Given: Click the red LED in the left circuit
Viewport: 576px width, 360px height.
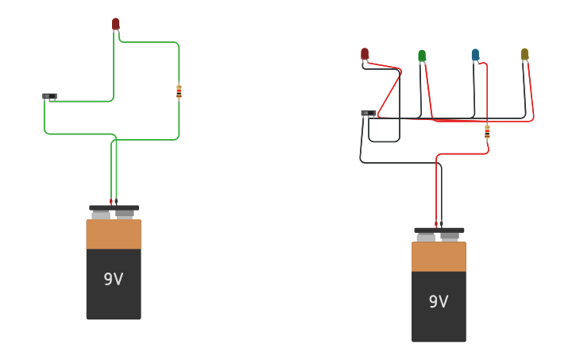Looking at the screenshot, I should coord(116,24).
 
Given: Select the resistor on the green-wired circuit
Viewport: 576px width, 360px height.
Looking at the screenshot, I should coord(179,92).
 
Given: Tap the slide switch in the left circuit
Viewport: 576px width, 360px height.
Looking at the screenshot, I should coord(49,96).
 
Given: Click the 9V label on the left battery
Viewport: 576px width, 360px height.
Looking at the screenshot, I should coord(114,280).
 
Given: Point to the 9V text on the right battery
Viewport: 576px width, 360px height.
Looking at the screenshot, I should coord(439,302).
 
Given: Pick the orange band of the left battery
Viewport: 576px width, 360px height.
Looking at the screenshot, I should coord(114,234).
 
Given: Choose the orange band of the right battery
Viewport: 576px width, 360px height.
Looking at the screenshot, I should coord(439,257).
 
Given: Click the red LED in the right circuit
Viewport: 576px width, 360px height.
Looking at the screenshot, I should coord(365,54).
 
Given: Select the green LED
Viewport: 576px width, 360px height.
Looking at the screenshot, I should coord(422,56).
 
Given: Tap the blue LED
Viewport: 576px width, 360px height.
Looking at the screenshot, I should coord(475,55).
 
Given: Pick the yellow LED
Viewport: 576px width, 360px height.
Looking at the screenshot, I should coord(524,54).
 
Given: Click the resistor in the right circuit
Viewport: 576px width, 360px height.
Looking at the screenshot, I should coord(487,131).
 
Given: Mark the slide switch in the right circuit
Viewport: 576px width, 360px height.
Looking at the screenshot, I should coord(368,113).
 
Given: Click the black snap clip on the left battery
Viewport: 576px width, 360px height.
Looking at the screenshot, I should coord(114,207).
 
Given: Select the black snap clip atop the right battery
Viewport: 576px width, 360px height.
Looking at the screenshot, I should coord(439,230).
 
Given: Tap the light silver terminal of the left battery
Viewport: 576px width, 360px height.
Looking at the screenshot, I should coord(101,215).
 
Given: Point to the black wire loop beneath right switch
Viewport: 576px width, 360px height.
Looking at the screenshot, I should coord(385,141).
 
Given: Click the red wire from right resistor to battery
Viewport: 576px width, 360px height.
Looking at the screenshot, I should coord(461,154).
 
